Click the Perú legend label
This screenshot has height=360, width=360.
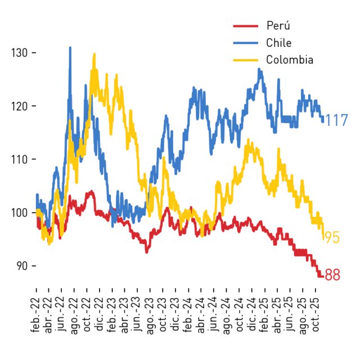tap(278, 25)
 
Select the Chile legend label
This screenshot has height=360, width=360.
tap(279, 43)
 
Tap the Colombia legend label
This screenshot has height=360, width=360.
tap(290, 60)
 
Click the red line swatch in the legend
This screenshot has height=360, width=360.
tap(246, 26)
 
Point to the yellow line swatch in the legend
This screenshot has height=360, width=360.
tap(246, 60)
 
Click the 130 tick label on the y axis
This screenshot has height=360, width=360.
tap(20, 53)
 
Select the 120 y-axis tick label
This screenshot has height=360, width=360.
tap(20, 106)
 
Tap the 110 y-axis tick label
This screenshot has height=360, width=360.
tap(20, 159)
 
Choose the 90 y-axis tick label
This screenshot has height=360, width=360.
tap(22, 266)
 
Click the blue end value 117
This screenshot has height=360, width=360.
tap(336, 120)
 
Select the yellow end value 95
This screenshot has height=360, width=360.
tap(332, 237)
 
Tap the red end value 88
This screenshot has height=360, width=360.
tap(332, 274)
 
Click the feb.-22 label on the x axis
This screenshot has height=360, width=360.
tap(35, 315)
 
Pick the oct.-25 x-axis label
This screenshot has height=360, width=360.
tap(316, 315)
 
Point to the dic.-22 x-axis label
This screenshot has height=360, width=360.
tap(99, 315)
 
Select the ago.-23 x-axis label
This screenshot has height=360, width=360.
tap(150, 316)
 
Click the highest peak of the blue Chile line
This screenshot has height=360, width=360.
tap(70, 47)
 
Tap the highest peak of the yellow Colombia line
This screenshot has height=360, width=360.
tap(94, 54)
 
